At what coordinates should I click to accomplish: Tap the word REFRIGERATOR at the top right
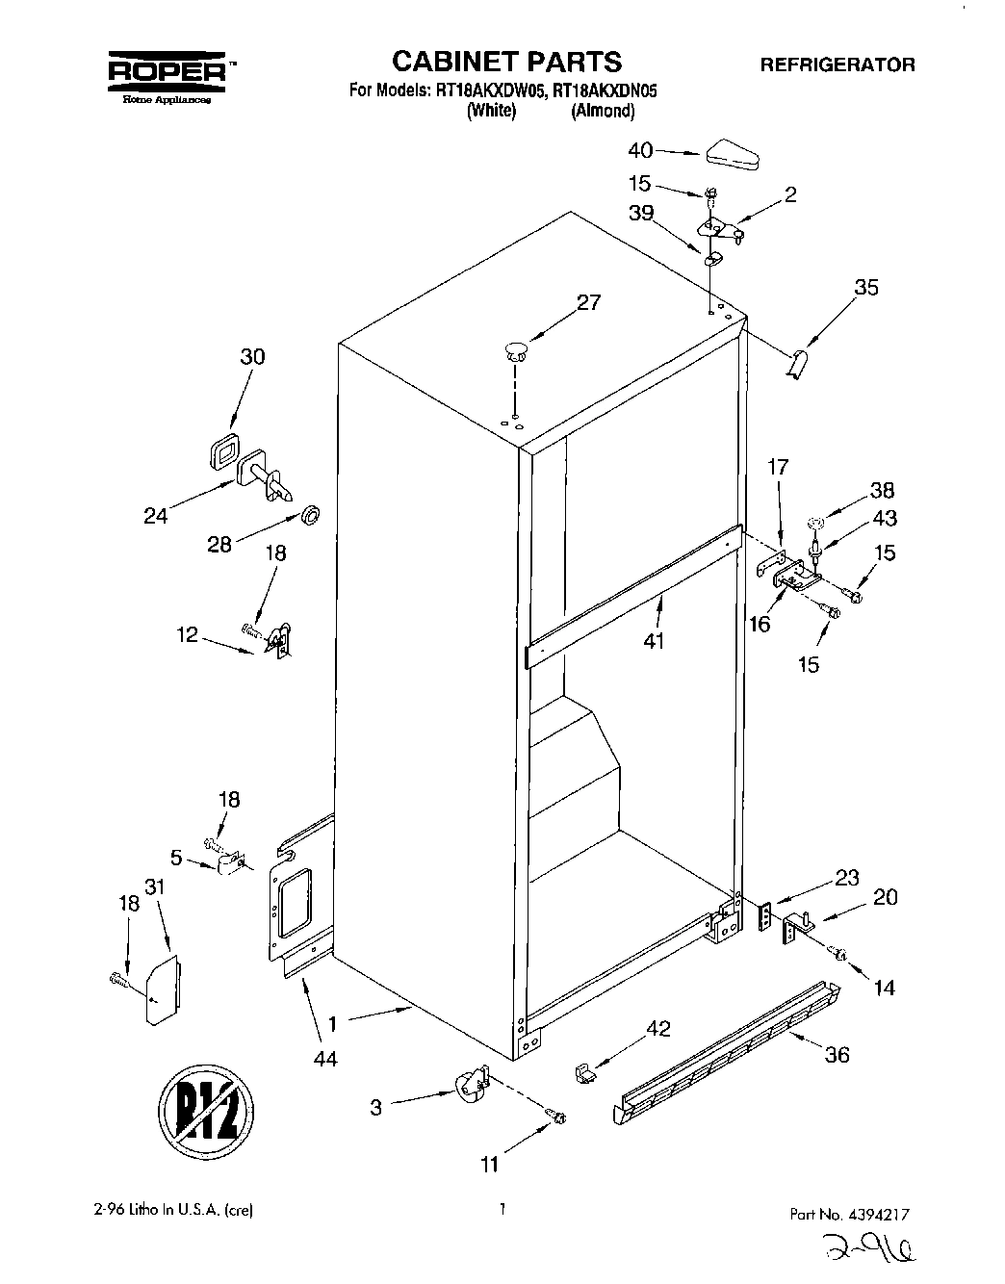pos(837,65)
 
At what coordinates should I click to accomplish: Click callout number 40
pos(640,150)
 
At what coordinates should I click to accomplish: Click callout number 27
pos(587,302)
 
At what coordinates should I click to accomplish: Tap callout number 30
pos(252,356)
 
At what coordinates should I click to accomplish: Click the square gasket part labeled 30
pos(223,449)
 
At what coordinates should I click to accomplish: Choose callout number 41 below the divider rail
pos(654,640)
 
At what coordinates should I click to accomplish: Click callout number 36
pos(837,1055)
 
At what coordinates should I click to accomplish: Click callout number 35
pos(865,287)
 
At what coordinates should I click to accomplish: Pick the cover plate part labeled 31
pos(160,989)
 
